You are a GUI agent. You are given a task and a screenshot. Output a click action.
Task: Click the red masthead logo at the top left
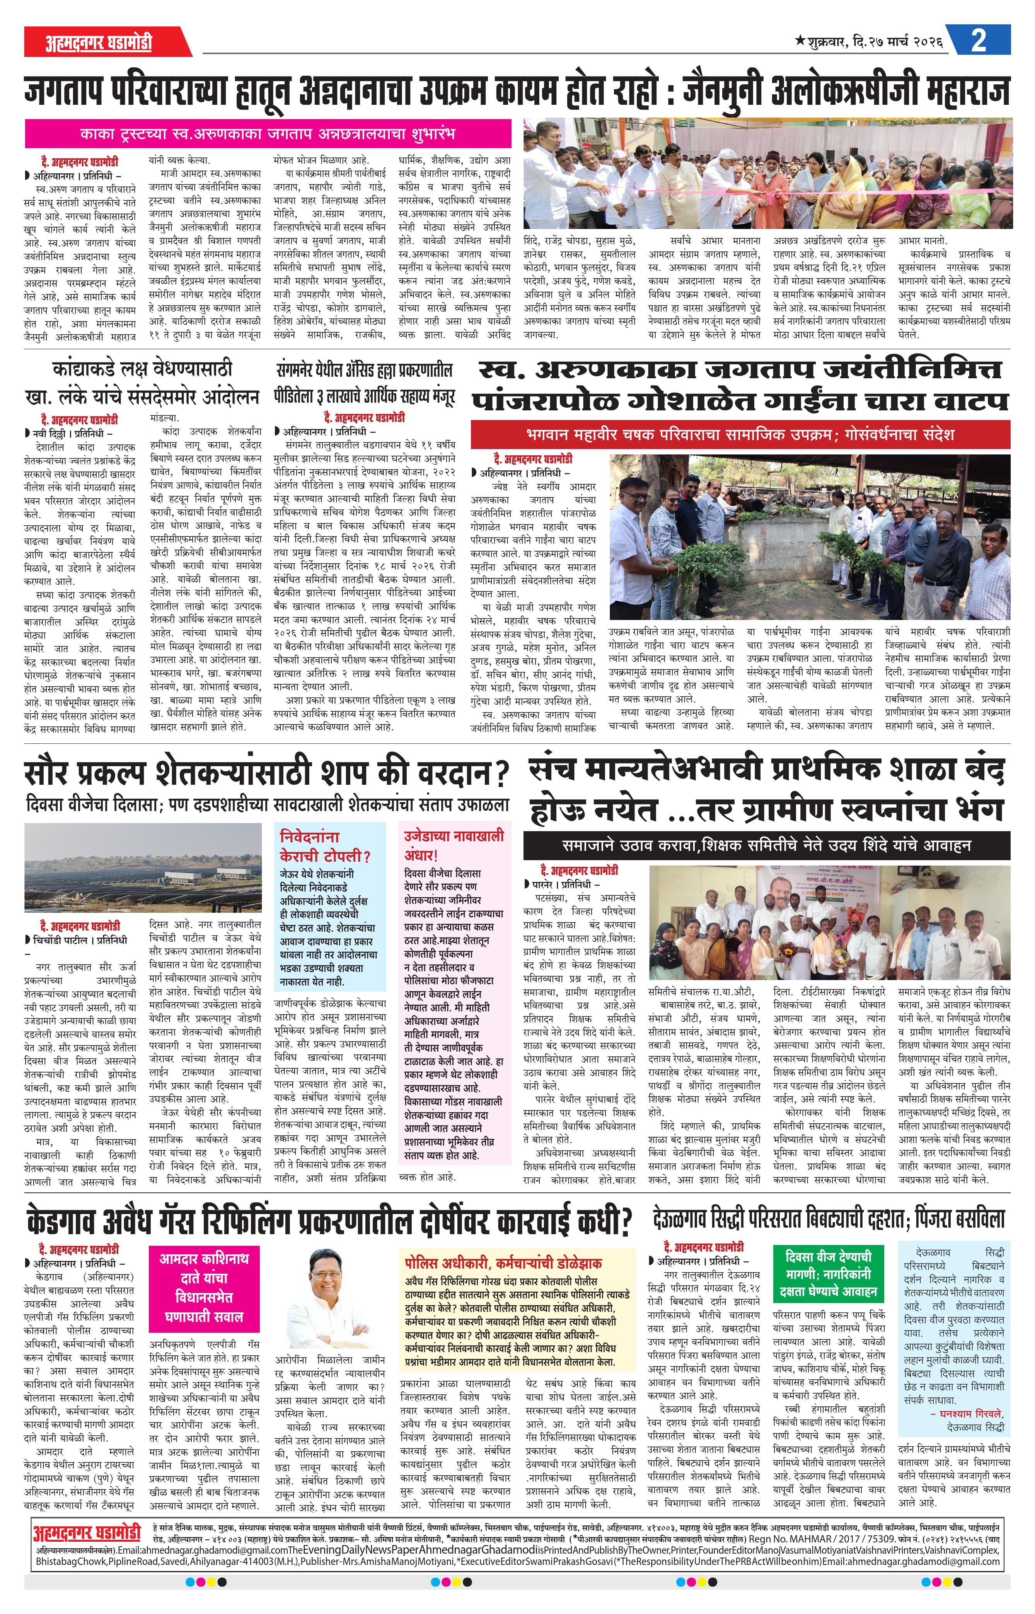click(99, 42)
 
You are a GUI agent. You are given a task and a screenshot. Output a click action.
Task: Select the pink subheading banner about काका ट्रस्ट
click(268, 133)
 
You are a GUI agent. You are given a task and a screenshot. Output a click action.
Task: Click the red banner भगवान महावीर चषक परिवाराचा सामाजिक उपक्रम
click(740, 434)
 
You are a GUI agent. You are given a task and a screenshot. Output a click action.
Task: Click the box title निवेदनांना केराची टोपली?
click(325, 845)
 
